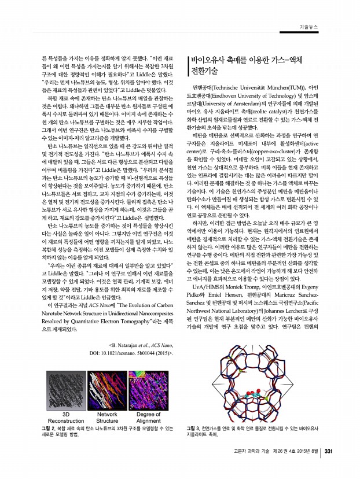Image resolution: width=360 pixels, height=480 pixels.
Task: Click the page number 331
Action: click(x=328, y=452)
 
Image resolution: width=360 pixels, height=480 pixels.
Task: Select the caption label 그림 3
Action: click(x=193, y=428)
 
